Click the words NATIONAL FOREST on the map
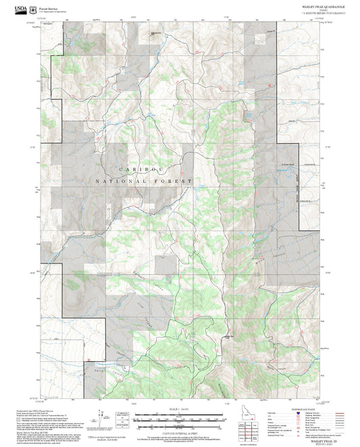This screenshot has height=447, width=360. [144, 182]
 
